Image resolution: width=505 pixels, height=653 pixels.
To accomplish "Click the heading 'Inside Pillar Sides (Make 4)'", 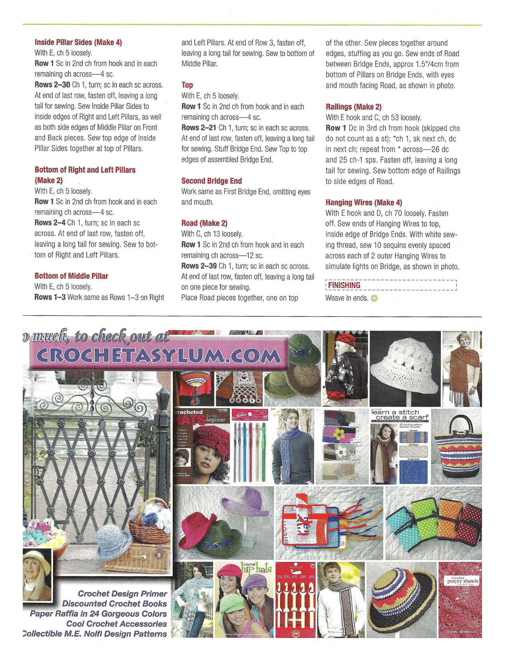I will pyautogui.click(x=78, y=43).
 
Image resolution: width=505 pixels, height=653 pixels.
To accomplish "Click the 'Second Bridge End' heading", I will pyautogui.click(x=212, y=181).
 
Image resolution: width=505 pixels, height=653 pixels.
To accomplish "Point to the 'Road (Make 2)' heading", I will pyautogui.click(x=204, y=223).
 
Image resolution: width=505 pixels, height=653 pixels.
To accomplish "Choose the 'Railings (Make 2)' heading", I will pyautogui.click(x=353, y=107).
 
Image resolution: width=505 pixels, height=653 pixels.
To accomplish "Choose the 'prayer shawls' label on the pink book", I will pyautogui.click(x=462, y=582).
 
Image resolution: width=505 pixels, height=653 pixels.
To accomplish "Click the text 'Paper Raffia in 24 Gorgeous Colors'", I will pyautogui.click(x=98, y=614).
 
